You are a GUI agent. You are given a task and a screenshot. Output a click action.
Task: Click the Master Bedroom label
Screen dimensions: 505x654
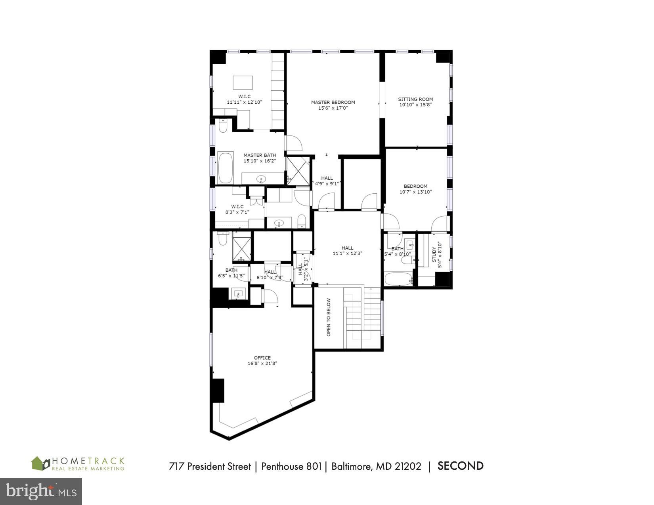333,102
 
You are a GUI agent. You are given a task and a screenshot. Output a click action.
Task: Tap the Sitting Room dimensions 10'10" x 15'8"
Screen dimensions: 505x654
415,105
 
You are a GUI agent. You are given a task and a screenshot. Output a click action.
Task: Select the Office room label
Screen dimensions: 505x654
262,358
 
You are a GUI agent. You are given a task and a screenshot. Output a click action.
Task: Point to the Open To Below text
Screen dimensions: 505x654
328,317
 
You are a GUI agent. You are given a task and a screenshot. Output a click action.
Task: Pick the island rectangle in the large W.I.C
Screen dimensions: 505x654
243,83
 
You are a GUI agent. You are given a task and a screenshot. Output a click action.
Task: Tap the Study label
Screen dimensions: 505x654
434,255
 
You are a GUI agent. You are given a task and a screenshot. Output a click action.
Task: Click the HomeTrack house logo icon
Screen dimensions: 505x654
40,463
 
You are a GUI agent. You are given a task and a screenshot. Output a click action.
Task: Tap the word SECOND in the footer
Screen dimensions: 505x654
460,466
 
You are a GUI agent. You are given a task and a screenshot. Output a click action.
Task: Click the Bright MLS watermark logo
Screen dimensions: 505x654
41,492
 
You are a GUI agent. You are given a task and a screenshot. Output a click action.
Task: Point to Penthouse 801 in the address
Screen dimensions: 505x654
291,467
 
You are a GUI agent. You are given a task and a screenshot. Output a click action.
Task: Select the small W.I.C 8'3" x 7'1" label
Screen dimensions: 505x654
237,206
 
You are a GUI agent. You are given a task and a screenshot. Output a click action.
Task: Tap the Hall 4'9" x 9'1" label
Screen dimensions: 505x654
327,178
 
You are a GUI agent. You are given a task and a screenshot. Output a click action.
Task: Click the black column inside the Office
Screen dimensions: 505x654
217,391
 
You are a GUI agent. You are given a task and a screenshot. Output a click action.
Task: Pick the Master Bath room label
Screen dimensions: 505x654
259,155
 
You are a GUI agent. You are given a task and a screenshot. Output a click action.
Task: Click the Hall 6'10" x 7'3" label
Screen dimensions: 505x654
270,272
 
